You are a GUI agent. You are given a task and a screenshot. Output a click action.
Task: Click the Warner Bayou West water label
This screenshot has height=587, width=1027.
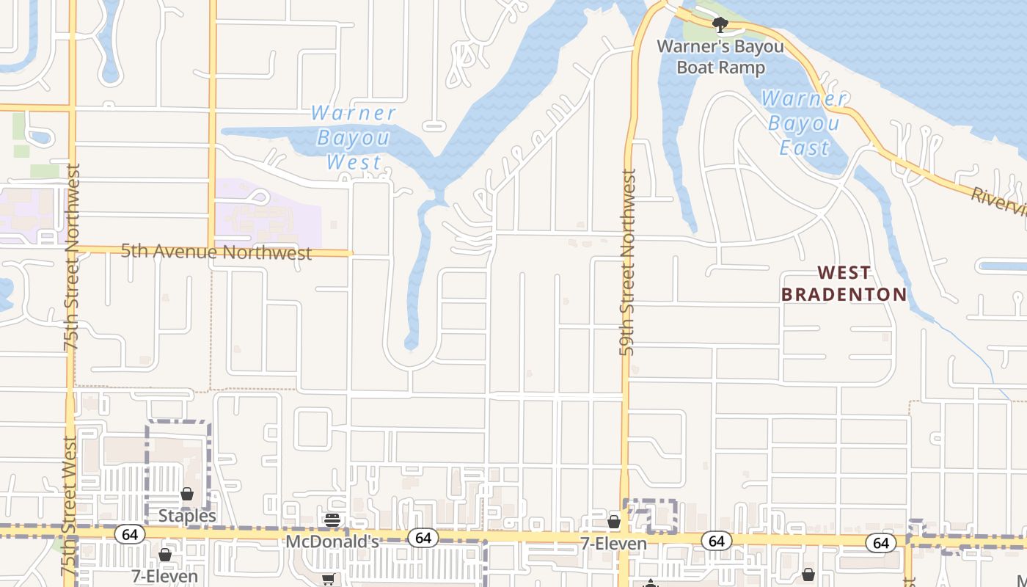(x=354, y=138)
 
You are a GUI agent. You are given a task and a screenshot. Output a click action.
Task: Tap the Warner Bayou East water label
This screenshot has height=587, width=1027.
(x=803, y=123)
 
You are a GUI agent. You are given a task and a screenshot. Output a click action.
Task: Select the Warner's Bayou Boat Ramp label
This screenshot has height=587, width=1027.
(x=720, y=56)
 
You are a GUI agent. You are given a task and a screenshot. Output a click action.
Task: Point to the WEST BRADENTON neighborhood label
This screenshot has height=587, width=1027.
(x=844, y=284)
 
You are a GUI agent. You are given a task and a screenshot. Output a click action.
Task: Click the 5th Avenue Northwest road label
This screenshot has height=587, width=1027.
(x=216, y=252)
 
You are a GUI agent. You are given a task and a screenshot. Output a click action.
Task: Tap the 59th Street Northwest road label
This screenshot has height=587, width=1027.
(x=628, y=263)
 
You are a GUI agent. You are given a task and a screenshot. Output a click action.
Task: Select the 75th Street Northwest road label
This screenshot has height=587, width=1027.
(x=71, y=257)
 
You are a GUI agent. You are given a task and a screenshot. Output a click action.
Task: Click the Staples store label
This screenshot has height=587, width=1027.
(x=187, y=516)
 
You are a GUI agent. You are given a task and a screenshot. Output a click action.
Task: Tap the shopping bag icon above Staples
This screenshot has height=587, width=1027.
(x=187, y=494)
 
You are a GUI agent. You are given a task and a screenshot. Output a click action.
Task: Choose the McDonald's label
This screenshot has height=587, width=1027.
(x=332, y=542)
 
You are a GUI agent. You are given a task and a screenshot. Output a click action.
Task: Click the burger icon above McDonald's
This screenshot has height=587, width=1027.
(x=332, y=521)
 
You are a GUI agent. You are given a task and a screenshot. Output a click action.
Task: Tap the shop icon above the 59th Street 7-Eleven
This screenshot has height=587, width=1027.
(x=614, y=522)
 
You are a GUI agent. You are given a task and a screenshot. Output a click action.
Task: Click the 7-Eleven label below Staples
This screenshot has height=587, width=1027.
(x=165, y=576)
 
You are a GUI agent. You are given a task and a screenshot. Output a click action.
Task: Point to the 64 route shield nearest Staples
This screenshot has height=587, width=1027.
(x=130, y=534)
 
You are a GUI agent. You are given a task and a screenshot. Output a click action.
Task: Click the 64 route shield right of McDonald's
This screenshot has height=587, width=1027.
(x=423, y=538)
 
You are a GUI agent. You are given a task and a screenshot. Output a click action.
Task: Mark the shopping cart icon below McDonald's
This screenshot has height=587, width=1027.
(x=328, y=580)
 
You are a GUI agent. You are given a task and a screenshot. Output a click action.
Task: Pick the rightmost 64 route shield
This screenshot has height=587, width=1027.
(x=881, y=542)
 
